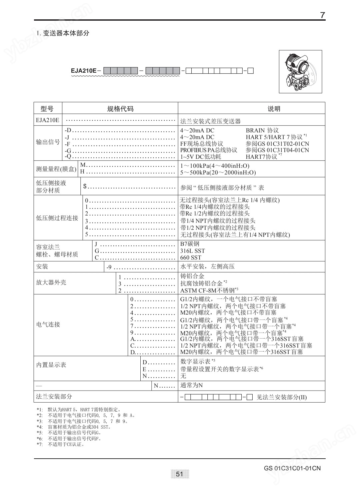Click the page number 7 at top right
click(x=322, y=15)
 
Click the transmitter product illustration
click(x=300, y=71)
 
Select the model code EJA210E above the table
click(x=84, y=71)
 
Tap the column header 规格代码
click(x=120, y=109)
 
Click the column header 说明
click(x=274, y=109)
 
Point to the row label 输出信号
click(x=48, y=142)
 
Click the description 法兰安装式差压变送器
click(x=210, y=121)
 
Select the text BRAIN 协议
click(x=262, y=130)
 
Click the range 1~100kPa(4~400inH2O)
click(x=215, y=166)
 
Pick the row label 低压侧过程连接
click(x=57, y=218)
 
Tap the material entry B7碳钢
click(x=190, y=244)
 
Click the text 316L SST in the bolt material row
click(x=192, y=251)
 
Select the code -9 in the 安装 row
click(x=109, y=267)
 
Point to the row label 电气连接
click(x=48, y=324)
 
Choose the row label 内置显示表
click(x=51, y=365)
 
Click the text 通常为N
click(x=191, y=386)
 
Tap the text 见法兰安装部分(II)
click(x=281, y=397)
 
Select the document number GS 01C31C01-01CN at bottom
click(x=292, y=468)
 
